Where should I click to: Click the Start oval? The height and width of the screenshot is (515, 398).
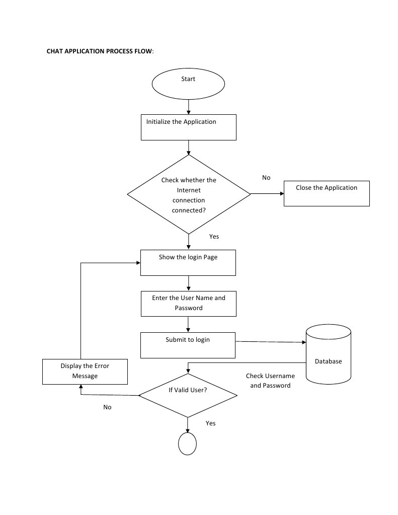188,84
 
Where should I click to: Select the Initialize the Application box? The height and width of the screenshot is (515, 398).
188,127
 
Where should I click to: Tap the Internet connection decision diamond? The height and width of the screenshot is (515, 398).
189,194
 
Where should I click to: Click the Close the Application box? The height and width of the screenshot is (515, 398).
327,193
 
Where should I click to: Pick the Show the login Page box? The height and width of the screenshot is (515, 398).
188,262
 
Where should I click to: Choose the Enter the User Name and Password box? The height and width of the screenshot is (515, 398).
188,303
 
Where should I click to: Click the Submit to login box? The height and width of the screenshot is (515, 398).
188,345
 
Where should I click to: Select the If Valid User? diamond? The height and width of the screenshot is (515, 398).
188,395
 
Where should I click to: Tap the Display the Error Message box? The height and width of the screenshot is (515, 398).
85,371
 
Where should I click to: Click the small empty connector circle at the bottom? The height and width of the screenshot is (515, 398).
187,444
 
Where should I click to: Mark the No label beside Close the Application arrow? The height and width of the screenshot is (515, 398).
266,178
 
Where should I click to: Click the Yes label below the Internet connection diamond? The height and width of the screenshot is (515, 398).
214,236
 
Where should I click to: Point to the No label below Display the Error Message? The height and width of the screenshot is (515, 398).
107,407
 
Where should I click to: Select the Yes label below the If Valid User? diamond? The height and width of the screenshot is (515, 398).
210,423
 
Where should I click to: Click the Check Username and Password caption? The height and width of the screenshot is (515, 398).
270,381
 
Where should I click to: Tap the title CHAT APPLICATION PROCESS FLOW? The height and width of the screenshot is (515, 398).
100,51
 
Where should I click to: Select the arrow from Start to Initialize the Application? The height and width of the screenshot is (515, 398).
188,106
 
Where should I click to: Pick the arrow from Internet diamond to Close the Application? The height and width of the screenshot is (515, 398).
267,193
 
